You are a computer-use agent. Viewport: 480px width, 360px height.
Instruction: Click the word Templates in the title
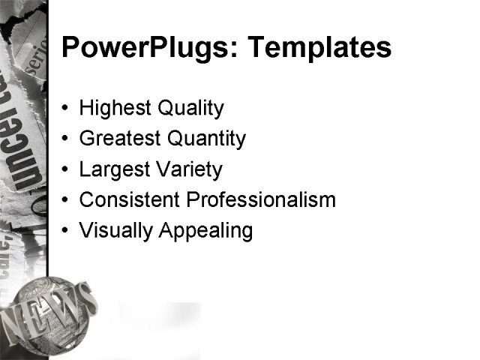click(319, 48)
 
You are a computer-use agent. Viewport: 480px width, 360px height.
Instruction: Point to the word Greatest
click(119, 139)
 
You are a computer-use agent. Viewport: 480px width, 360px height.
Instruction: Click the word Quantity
click(206, 139)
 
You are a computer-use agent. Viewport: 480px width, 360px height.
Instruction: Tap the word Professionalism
click(261, 200)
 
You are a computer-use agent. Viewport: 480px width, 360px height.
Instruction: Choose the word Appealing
click(205, 231)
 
